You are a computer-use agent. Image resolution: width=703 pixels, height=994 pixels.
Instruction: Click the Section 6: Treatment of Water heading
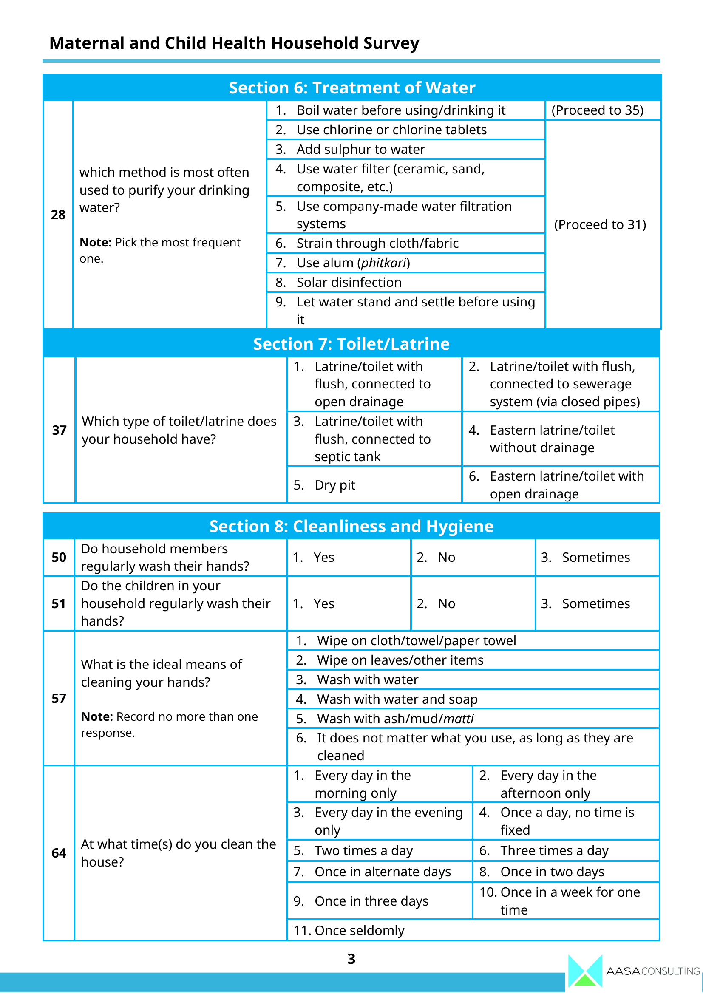click(x=351, y=88)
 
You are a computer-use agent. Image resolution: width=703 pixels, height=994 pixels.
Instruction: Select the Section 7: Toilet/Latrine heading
click(x=351, y=344)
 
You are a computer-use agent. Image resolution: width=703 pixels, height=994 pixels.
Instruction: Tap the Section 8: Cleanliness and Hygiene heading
click(x=351, y=527)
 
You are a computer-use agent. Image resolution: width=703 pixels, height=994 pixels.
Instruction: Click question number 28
click(x=58, y=215)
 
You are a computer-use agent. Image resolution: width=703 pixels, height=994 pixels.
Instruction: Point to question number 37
click(x=60, y=430)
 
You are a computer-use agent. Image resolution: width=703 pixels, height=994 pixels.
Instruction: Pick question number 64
click(x=59, y=853)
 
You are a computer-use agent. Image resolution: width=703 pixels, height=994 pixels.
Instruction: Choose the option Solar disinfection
click(x=349, y=283)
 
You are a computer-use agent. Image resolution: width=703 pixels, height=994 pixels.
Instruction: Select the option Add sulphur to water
click(x=360, y=149)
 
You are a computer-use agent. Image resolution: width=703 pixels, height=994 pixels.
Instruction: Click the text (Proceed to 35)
click(x=597, y=110)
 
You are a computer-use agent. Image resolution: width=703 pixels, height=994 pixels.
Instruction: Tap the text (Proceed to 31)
click(x=600, y=225)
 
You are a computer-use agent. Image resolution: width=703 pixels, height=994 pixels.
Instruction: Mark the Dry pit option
click(x=334, y=485)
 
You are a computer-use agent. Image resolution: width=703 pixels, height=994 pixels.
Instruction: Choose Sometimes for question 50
click(x=595, y=558)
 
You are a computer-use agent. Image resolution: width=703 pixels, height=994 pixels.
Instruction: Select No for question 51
click(x=446, y=604)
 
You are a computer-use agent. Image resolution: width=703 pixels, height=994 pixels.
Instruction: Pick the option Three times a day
click(x=554, y=851)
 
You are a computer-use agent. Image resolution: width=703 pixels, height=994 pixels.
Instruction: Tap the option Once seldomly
click(x=359, y=930)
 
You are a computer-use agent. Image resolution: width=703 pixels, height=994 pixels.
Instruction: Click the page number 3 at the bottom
click(x=351, y=959)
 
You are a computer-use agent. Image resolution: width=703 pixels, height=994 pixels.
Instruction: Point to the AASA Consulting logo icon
click(x=585, y=972)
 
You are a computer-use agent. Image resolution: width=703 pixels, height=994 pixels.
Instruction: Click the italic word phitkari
click(x=383, y=263)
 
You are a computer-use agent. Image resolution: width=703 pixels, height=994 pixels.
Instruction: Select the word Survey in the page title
click(x=391, y=43)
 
